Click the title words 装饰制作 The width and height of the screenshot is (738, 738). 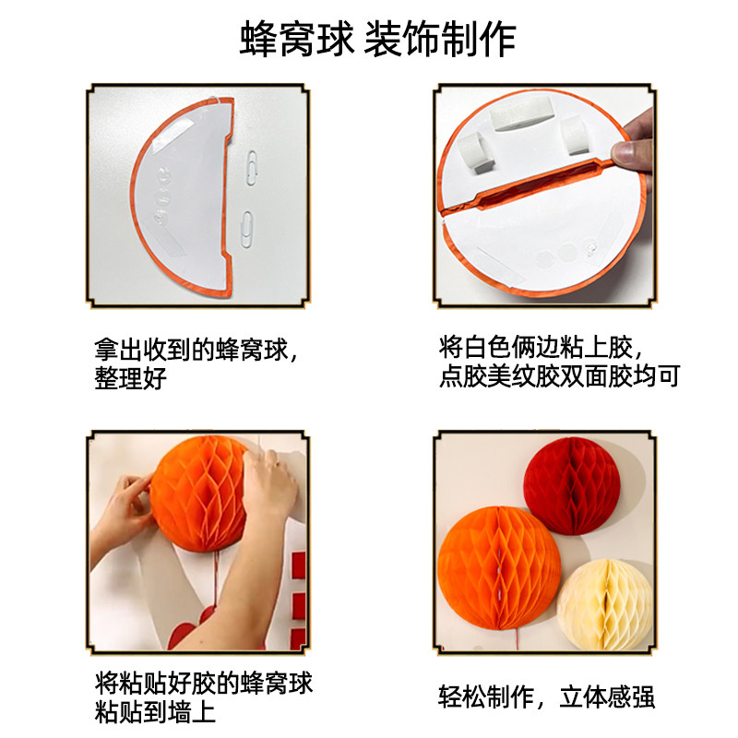[x=440, y=40]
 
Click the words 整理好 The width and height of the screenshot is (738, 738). [x=129, y=379]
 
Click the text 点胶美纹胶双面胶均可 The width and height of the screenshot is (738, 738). [x=559, y=377]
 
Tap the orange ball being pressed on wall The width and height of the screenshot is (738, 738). [x=198, y=498]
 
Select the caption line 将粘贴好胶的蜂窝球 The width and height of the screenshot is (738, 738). [x=204, y=684]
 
